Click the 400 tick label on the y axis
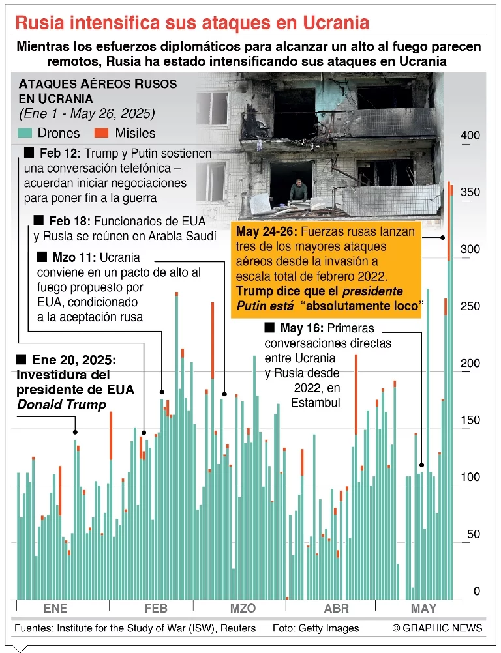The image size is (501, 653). coord(470,136)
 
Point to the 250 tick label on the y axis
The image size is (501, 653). coord(470,306)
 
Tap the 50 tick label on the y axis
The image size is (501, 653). coord(472,534)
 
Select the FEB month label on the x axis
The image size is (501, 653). coord(155,609)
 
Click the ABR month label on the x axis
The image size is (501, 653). coord(337,609)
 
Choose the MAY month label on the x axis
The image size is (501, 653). coord(423,609)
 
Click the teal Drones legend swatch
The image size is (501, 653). coord(25,133)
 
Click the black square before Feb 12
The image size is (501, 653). coord(28,153)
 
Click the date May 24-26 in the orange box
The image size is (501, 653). coord(266,233)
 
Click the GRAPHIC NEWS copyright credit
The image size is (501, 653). coord(437,628)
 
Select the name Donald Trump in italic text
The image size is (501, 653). coord(61,405)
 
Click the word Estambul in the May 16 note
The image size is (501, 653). coord(316,403)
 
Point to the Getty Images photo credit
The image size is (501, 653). coord(325,628)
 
